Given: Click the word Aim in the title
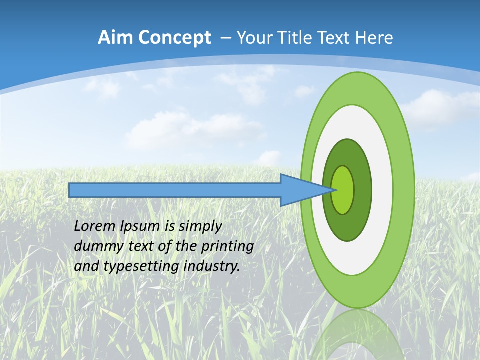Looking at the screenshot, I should (x=114, y=38).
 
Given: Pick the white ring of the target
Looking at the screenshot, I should (x=382, y=190).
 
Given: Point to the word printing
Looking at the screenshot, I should (x=227, y=247).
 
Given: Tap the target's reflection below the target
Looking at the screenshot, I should (x=357, y=335).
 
